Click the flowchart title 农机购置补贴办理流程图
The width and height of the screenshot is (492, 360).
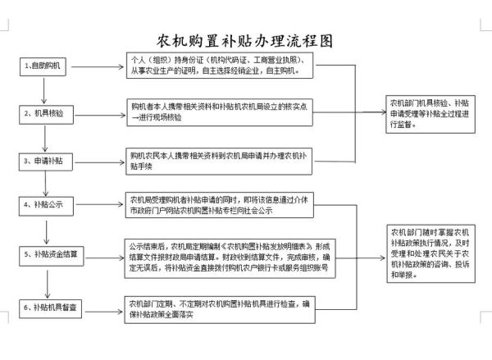click(246, 39)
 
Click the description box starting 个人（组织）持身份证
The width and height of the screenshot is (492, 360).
click(220, 66)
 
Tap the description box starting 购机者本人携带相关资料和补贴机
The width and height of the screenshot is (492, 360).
click(220, 112)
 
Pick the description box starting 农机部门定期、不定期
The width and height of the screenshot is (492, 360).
click(220, 308)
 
